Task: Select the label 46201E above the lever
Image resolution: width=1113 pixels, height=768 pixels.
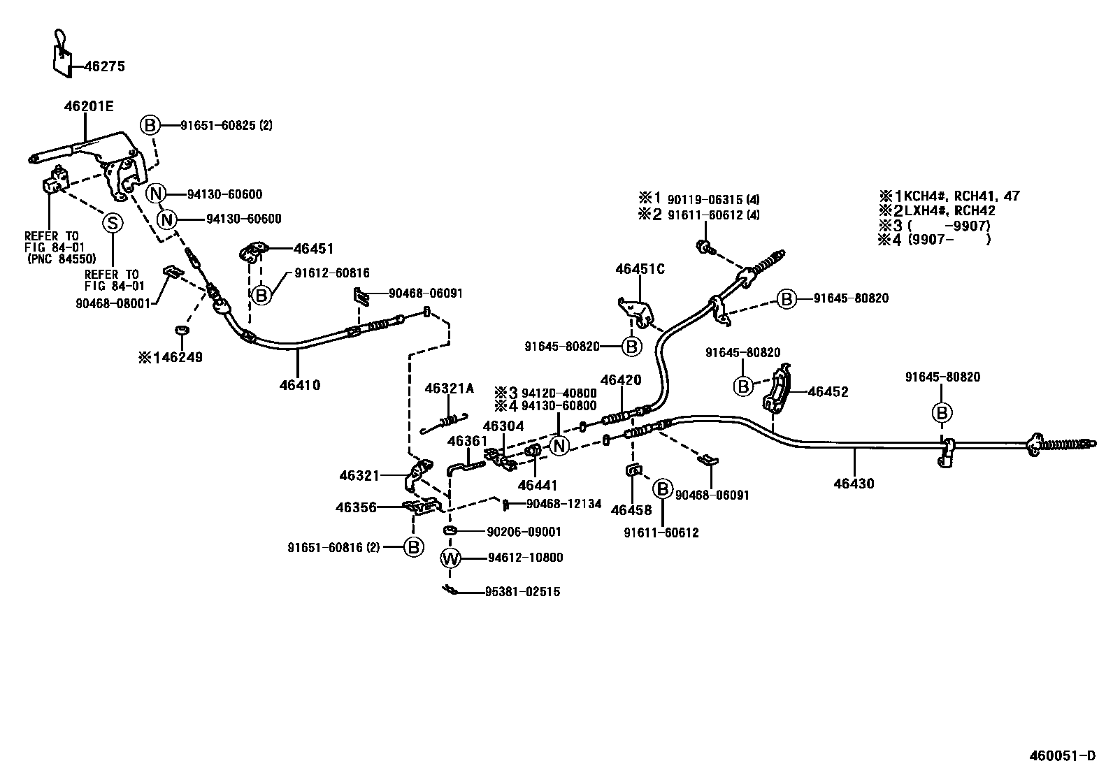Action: click(89, 107)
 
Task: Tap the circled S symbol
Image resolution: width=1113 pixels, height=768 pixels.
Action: click(112, 223)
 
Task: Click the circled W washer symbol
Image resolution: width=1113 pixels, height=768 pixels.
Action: click(451, 558)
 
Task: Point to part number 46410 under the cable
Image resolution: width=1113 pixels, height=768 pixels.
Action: click(299, 385)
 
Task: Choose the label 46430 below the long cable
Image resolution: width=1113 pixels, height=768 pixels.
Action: click(854, 483)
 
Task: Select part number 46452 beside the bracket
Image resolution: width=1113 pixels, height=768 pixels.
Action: click(828, 392)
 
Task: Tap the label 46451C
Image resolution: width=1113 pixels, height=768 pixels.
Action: click(640, 269)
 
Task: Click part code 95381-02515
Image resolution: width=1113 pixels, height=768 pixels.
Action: click(522, 592)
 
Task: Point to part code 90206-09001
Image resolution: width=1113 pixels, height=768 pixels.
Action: click(524, 532)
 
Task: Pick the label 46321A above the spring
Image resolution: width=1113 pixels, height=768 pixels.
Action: click(449, 389)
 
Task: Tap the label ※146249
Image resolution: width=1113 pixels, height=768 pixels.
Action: click(171, 358)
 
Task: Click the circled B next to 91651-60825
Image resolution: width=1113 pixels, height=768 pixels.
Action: click(150, 126)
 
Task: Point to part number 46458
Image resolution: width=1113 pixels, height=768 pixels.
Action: click(631, 510)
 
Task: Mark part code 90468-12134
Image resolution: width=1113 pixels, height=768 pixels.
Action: click(563, 504)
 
